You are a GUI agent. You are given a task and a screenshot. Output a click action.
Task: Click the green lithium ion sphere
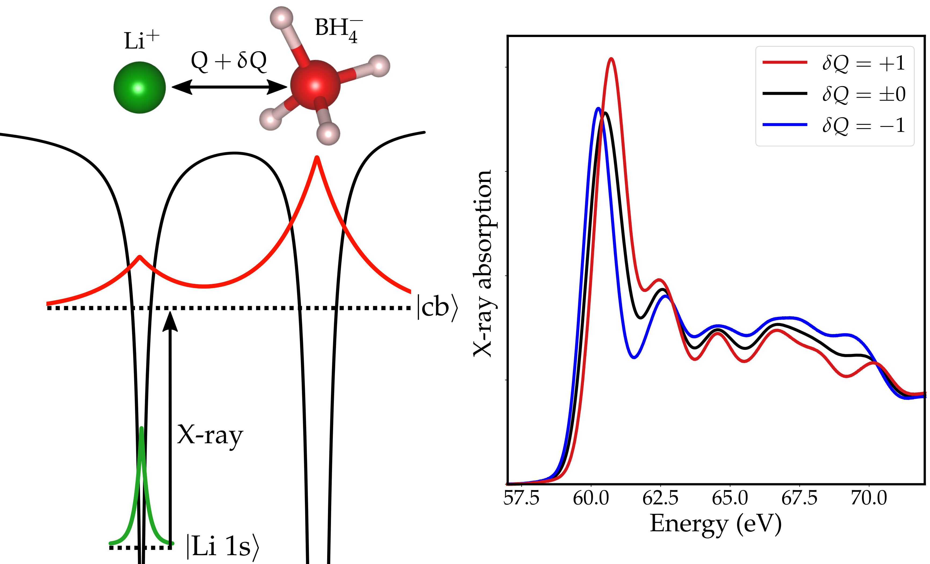point(140,87)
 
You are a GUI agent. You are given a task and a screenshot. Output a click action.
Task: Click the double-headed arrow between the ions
point(229,87)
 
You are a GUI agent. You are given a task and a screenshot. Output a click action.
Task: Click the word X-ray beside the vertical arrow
point(210,435)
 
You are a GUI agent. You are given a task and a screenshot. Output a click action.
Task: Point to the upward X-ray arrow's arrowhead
point(170,321)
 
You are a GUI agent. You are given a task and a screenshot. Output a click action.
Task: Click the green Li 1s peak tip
point(141,428)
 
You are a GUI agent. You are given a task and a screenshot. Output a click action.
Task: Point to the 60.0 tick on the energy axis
point(591,498)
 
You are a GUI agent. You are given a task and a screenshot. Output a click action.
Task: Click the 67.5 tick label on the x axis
point(799,498)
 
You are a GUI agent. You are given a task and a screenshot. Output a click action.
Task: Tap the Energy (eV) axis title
point(716,524)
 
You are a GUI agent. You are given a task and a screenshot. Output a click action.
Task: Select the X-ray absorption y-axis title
point(483,263)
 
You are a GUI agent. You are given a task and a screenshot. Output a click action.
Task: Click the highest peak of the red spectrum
point(611,58)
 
